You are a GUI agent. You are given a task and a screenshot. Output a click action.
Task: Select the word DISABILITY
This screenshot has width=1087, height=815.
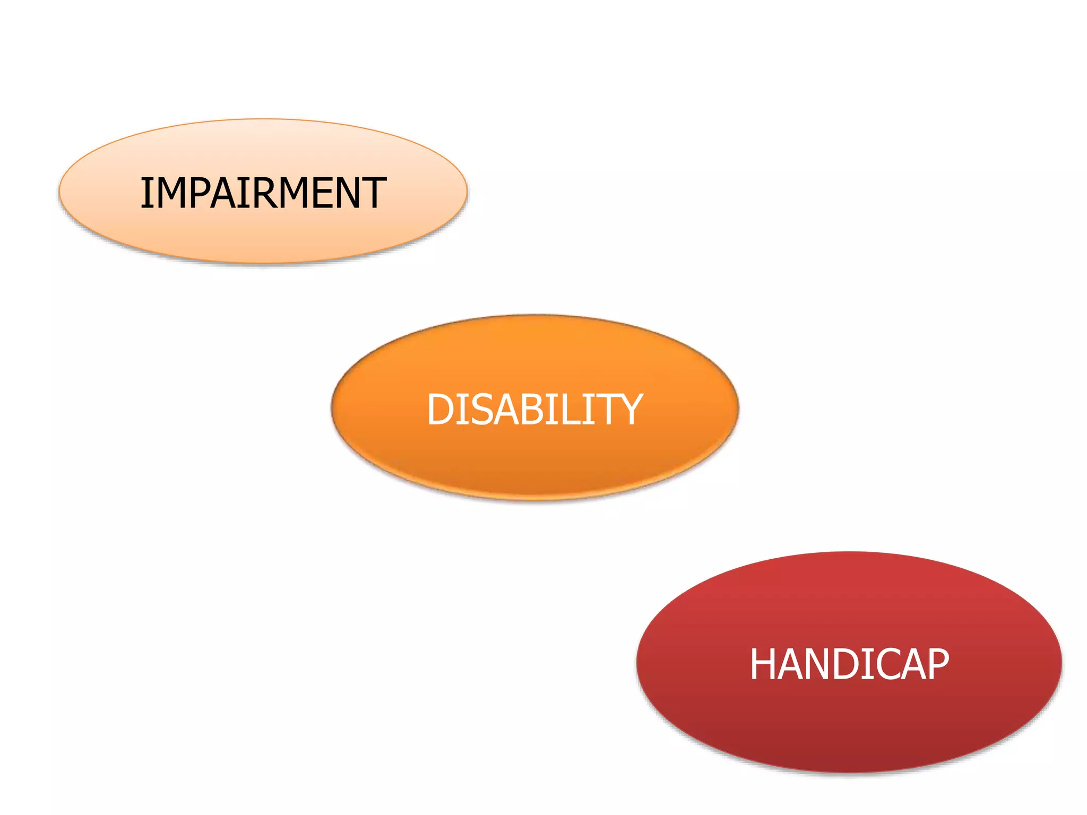pyautogui.click(x=535, y=410)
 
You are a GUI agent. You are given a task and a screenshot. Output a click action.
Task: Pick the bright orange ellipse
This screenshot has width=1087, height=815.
pyautogui.click(x=535, y=462)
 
